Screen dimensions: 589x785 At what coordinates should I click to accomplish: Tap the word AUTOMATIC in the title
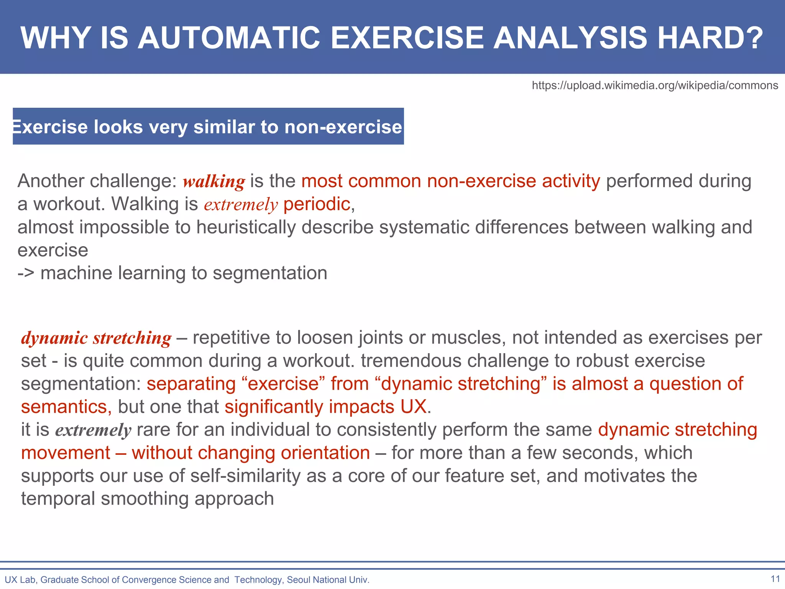point(229,38)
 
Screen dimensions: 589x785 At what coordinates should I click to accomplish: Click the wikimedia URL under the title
point(655,85)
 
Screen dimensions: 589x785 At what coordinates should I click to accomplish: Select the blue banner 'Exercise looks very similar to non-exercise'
point(208,127)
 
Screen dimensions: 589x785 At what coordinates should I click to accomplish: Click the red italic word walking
point(214,181)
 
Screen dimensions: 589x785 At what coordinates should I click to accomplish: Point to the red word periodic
point(317,204)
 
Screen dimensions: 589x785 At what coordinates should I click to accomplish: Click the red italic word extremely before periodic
point(241,204)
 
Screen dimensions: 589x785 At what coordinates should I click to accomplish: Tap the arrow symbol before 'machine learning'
point(26,273)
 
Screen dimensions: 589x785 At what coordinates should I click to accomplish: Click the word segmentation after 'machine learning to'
point(270,273)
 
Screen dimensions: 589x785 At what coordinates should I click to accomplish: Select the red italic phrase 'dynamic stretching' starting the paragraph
point(96,338)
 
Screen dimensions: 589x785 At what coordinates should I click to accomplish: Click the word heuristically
point(246,227)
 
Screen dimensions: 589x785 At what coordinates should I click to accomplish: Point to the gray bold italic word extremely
point(93,430)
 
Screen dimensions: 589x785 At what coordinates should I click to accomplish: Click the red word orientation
point(325,453)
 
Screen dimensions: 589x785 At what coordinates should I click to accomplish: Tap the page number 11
point(775,579)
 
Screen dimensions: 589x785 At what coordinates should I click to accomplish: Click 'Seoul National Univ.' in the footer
point(328,580)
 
